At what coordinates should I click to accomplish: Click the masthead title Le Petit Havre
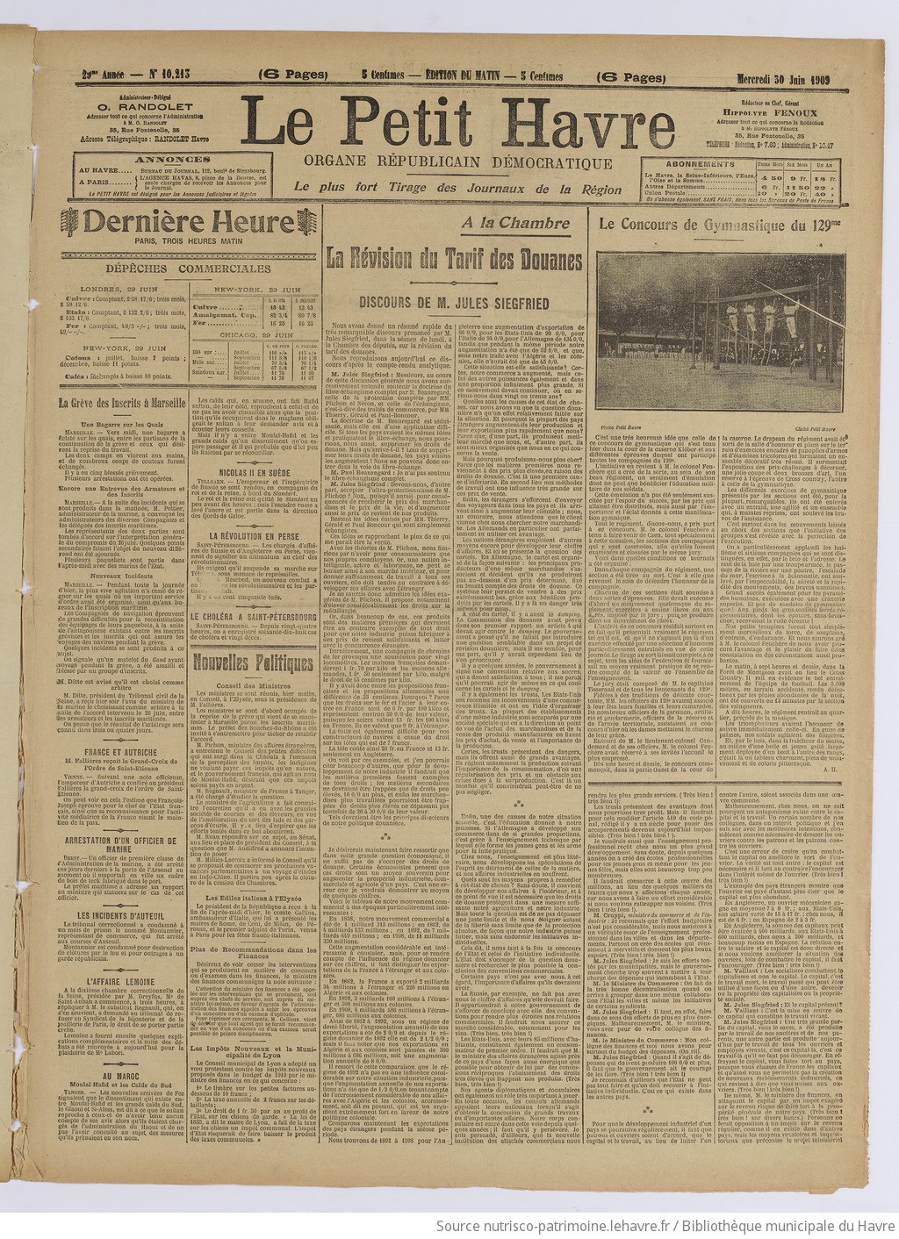tap(455, 121)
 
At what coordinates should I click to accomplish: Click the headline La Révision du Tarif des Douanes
tap(454, 261)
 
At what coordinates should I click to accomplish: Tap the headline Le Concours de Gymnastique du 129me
tap(718, 225)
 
